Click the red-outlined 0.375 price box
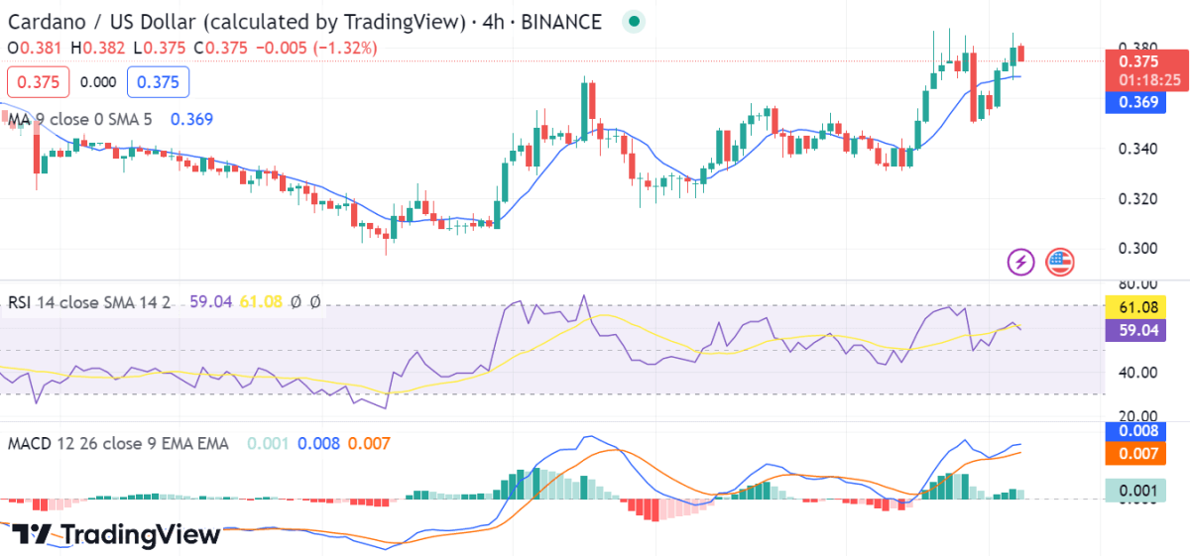(x=38, y=82)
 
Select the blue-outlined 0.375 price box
(x=158, y=82)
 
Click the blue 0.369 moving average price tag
(x=1137, y=101)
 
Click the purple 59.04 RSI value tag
(x=1137, y=332)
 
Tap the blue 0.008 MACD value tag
(x=1137, y=431)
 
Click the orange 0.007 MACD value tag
(x=1137, y=454)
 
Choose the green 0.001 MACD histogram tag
(x=1137, y=490)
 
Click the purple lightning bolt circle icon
(x=1021, y=262)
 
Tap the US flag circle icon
(x=1059, y=262)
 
